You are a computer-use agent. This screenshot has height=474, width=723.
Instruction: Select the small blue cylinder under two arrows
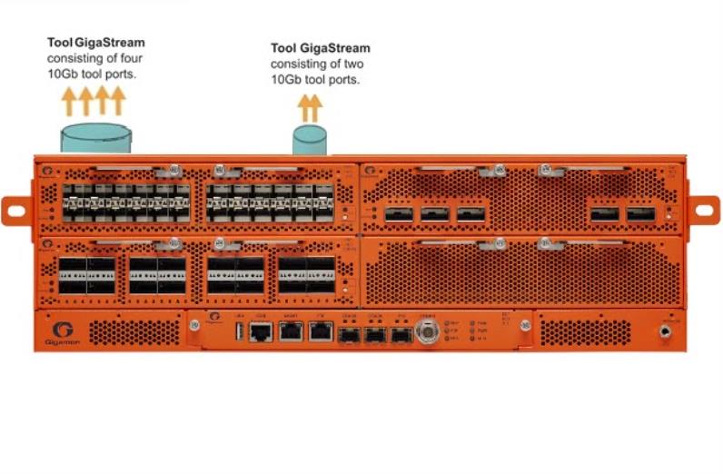coord(310,140)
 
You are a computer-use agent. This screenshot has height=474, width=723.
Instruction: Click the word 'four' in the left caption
coord(127,57)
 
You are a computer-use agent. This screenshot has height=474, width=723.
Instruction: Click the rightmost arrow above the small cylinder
coord(316,108)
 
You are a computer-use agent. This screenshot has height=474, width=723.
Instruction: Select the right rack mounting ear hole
coord(705,210)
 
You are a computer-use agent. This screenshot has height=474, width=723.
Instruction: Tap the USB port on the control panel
coord(240,331)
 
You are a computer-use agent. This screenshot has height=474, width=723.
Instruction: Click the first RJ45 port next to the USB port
coord(261,331)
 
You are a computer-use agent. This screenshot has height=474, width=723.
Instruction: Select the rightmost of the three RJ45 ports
coord(320,331)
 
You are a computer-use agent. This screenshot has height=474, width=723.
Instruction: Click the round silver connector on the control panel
coord(427,333)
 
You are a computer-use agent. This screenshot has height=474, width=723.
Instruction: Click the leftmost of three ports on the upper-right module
coord(398,214)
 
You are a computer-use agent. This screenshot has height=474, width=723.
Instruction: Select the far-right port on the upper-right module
coord(639,214)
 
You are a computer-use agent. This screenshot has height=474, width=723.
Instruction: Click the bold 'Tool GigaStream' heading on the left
coord(95,43)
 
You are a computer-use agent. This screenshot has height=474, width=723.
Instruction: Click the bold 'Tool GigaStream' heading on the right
coord(321,48)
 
